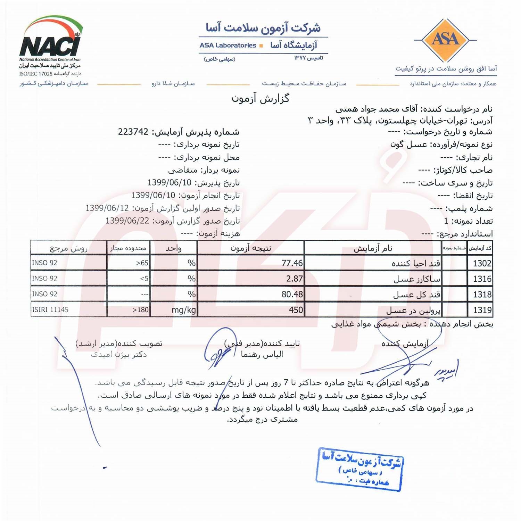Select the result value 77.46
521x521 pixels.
point(292,263)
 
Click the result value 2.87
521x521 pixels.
point(295,279)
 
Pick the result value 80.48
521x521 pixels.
point(292,294)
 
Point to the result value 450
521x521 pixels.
point(296,310)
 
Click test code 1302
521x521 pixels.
point(482,263)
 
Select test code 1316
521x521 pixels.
point(482,279)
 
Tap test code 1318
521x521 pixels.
point(482,295)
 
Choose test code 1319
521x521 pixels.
point(482,310)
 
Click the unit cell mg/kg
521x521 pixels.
point(184,310)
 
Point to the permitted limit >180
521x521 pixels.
point(140,310)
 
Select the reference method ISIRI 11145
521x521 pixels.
point(50,309)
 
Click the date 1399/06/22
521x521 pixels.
point(127,221)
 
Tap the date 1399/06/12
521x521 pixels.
point(107,208)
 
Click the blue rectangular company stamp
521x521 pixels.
point(360,469)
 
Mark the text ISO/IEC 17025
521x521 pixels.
point(35,74)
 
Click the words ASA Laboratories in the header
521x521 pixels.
point(228,46)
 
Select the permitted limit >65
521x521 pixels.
point(142,263)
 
